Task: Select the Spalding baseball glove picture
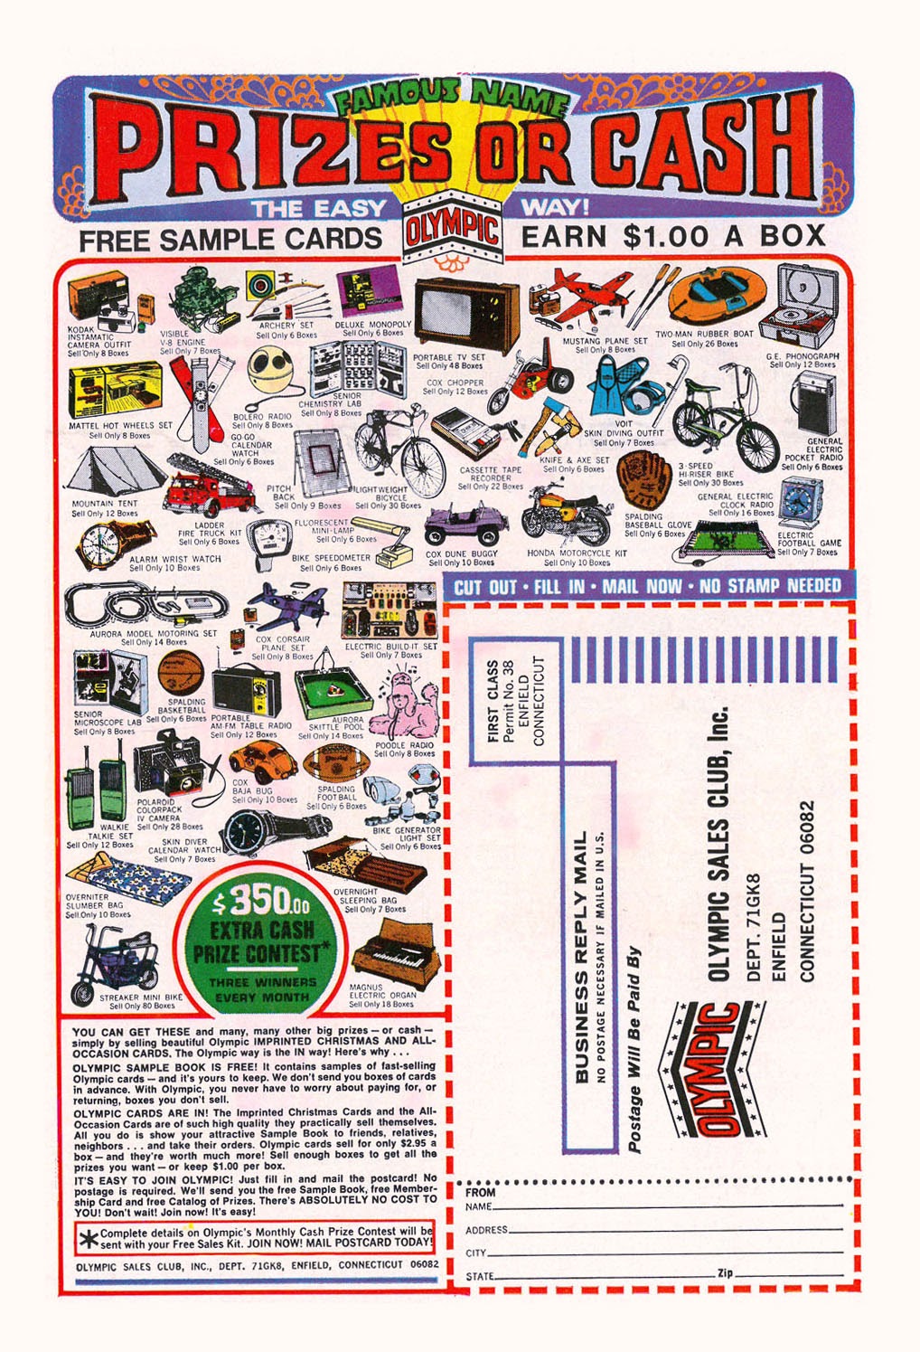(x=647, y=482)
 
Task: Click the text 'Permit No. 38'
(x=510, y=701)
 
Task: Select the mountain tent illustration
(x=105, y=470)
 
